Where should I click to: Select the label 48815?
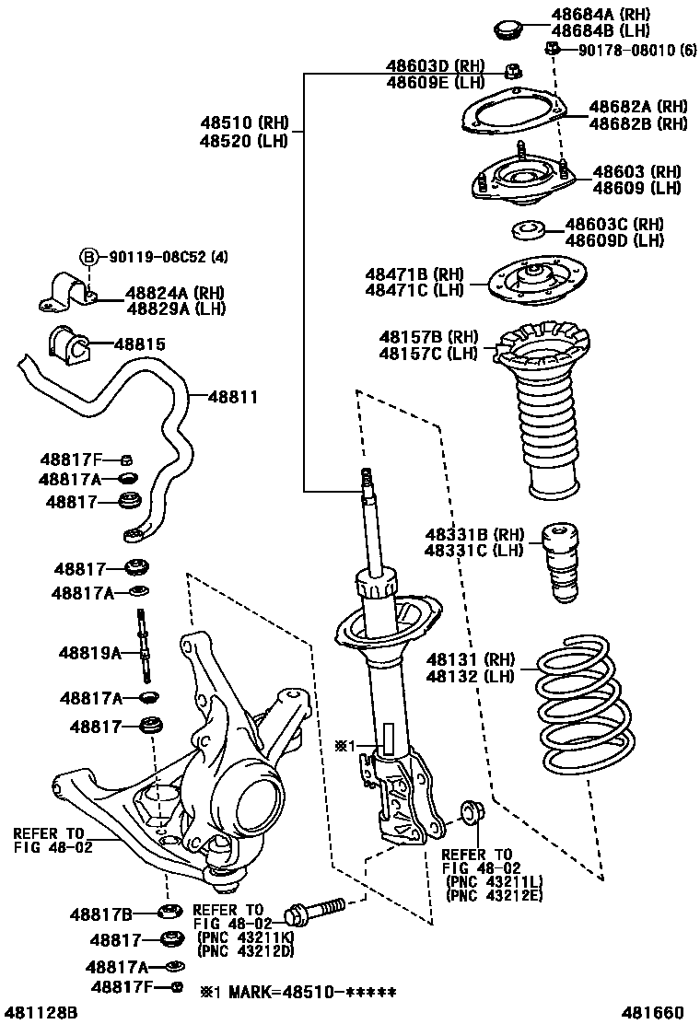[140, 344]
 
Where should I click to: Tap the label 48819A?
[89, 653]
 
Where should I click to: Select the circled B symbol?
[88, 257]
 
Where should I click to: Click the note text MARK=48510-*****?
[307, 992]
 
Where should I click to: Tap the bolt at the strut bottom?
[313, 912]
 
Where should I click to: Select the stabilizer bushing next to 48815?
[70, 344]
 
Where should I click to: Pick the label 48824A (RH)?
[176, 293]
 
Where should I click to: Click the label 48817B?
[100, 914]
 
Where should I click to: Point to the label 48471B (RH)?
[414, 273]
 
